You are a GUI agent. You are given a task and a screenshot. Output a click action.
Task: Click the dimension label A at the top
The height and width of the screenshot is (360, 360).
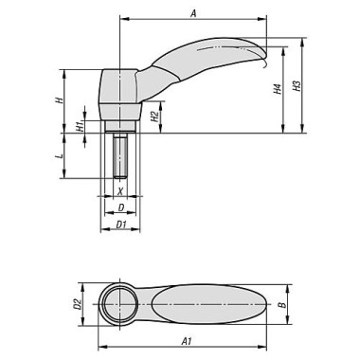tap(193, 13)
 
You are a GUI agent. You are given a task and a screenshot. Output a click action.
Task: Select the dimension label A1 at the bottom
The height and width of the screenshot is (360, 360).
tap(187, 337)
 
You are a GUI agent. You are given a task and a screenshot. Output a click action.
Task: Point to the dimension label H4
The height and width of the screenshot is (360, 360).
tap(277, 89)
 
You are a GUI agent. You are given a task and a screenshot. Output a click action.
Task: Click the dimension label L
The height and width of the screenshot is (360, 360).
tap(59, 154)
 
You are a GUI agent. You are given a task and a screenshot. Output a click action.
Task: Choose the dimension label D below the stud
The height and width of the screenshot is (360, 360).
tap(120, 207)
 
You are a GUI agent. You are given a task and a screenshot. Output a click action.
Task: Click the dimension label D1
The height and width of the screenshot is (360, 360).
tap(121, 224)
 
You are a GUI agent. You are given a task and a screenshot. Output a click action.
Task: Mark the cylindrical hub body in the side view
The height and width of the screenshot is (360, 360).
tap(119, 90)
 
